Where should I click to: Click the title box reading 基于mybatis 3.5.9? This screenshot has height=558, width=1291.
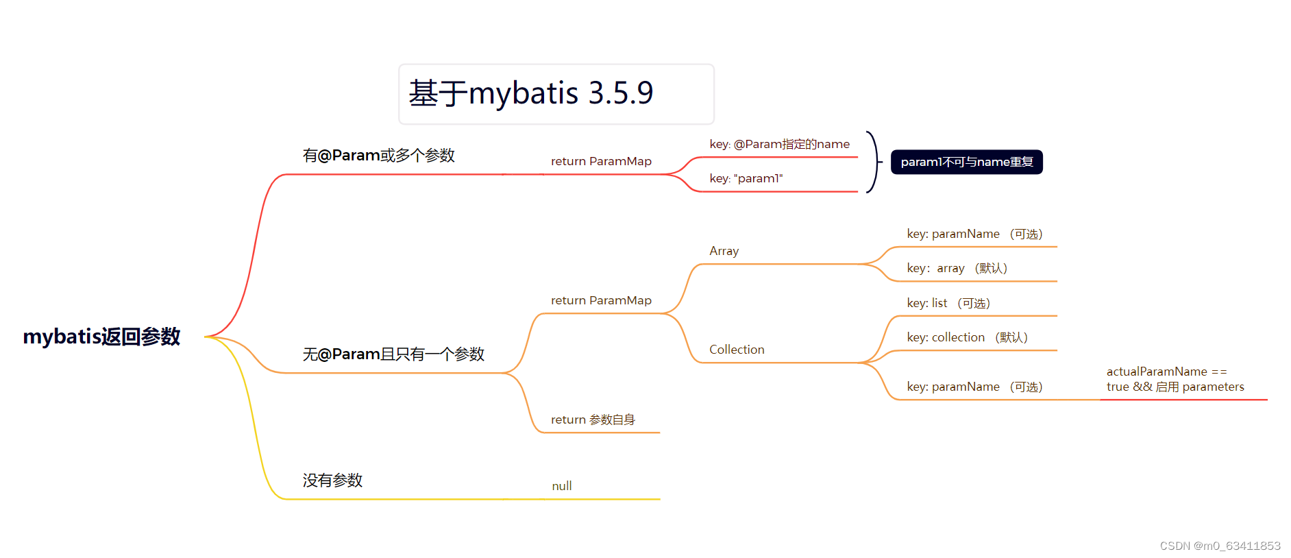click(556, 94)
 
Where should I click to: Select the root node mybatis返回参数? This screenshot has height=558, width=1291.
click(101, 337)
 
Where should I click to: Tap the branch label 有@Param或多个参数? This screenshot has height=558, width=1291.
click(379, 156)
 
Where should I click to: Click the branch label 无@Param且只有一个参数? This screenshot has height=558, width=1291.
click(393, 354)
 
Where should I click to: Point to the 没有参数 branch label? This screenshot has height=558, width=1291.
click(332, 481)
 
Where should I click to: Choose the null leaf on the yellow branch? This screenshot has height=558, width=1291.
click(562, 486)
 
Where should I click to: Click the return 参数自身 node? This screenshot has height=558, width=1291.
click(593, 420)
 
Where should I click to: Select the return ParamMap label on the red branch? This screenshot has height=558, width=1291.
click(601, 161)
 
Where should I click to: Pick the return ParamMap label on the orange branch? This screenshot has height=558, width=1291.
click(601, 300)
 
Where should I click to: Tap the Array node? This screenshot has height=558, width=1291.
click(724, 251)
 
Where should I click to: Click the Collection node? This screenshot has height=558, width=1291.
click(737, 350)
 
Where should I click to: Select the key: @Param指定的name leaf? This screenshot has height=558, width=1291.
click(779, 144)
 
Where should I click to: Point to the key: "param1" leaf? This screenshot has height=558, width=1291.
click(746, 178)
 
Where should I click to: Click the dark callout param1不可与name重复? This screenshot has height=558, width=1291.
click(966, 162)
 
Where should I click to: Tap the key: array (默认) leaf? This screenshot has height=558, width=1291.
click(957, 268)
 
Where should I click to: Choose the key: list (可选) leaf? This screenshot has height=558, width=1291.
click(948, 303)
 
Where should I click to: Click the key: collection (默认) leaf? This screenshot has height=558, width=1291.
click(967, 337)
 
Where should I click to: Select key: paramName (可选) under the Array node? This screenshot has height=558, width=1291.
click(974, 234)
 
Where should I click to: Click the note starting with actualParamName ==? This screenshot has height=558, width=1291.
click(1175, 379)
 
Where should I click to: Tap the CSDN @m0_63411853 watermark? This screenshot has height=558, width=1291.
click(1220, 546)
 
